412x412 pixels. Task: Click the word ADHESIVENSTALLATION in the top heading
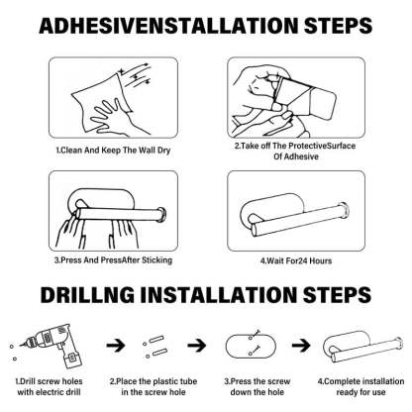(x=168, y=26)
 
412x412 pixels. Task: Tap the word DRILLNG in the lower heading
(x=87, y=294)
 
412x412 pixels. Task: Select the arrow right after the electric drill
(x=116, y=346)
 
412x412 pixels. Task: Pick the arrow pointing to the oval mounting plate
(x=197, y=346)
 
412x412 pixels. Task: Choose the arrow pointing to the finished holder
(x=301, y=346)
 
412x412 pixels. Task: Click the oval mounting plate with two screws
(x=251, y=346)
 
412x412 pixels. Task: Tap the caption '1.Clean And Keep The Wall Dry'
(x=113, y=151)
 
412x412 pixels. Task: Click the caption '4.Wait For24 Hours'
(x=296, y=260)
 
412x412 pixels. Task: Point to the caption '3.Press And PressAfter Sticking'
(x=113, y=260)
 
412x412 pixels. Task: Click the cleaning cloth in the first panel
(x=99, y=102)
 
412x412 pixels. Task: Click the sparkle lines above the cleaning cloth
(x=135, y=75)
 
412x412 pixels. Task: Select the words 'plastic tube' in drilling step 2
(x=175, y=381)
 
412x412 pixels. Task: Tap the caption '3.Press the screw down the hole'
(x=257, y=387)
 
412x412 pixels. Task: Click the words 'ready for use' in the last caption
(x=360, y=392)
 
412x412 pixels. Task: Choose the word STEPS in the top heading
(x=338, y=26)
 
